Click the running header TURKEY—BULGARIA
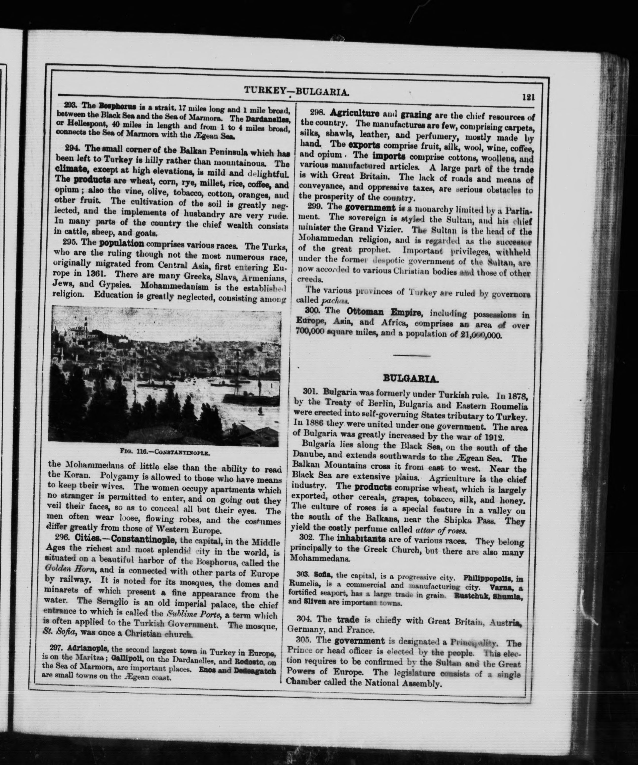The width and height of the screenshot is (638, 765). click(x=297, y=91)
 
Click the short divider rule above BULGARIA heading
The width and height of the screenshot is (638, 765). click(x=412, y=355)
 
